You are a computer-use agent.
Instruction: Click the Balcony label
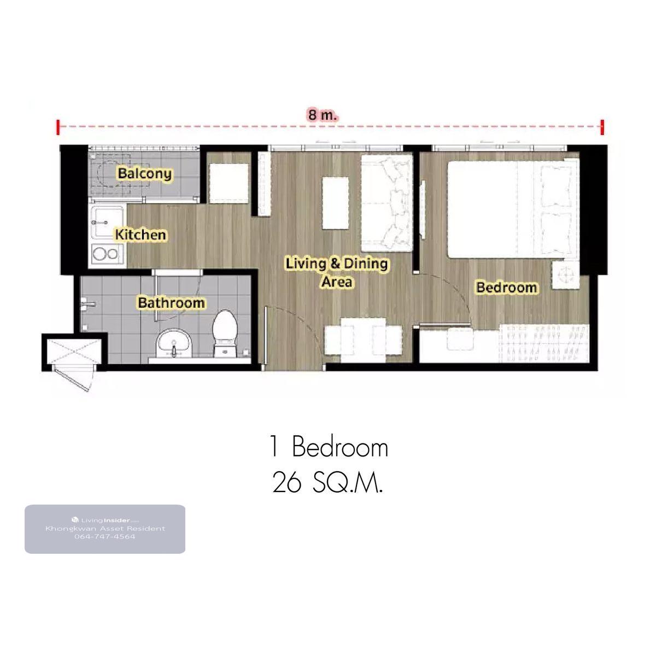pos(145,174)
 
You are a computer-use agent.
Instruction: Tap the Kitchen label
pos(140,235)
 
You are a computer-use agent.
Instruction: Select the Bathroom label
pos(171,303)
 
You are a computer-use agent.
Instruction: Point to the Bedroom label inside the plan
pos(506,288)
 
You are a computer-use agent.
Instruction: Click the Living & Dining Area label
pos(336,272)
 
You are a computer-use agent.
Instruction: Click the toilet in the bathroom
pos(224,332)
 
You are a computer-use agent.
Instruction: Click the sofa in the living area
pos(386,203)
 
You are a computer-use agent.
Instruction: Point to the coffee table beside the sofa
pos(336,203)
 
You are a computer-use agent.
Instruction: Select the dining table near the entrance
pos(363,340)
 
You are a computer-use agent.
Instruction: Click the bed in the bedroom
pos(513,209)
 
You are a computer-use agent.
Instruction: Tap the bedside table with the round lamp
pos(565,275)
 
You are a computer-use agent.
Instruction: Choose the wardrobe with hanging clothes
pos(544,343)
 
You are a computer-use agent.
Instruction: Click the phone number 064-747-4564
pos(105,537)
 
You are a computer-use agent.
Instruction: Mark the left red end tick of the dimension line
pos(58,127)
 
